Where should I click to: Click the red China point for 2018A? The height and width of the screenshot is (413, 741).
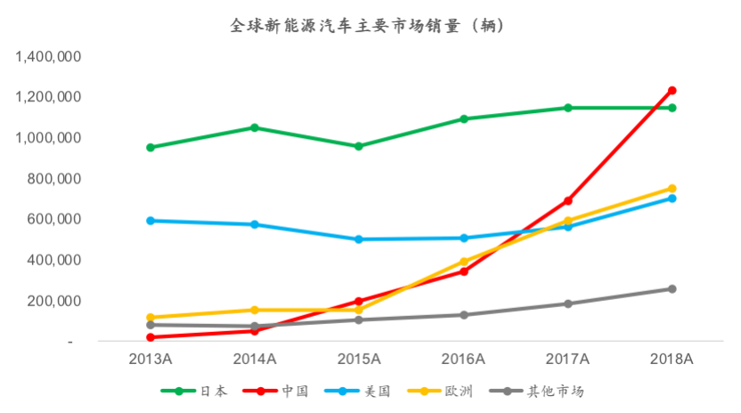point(672,90)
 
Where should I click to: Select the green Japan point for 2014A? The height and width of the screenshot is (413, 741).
point(255,127)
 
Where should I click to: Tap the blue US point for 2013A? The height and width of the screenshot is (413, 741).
point(151,220)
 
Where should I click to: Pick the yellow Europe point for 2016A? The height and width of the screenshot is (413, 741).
point(463,261)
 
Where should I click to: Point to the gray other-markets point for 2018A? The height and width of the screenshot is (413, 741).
point(672,288)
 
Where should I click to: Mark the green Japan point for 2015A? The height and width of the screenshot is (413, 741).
point(359,146)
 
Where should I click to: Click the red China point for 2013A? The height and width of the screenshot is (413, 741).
point(151,336)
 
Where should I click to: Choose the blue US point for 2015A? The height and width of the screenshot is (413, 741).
point(359,239)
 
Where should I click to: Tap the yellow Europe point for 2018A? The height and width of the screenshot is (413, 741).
point(672,188)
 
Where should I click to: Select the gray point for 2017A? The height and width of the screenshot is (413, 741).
point(567,304)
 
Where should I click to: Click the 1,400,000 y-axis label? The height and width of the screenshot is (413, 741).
point(49,57)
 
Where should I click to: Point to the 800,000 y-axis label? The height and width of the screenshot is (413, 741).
point(56,179)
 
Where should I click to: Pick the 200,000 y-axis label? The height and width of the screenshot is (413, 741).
point(56,301)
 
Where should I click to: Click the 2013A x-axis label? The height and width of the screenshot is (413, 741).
point(151,359)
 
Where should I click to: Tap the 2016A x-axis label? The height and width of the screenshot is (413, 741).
point(463,359)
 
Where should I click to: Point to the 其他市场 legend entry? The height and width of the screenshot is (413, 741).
point(555,391)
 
